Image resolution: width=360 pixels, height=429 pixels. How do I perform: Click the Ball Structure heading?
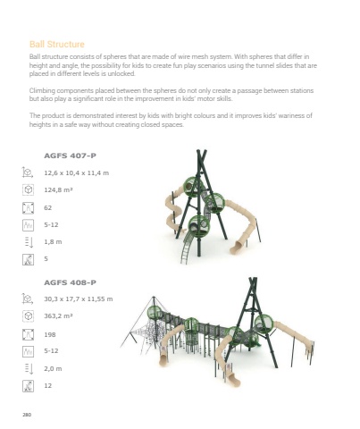pos(57,44)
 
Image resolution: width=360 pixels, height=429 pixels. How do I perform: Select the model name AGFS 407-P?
pos(70,156)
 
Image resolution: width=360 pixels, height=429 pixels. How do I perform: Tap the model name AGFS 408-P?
pos(70,282)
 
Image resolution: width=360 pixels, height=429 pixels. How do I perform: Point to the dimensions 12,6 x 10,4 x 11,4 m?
pos(77,172)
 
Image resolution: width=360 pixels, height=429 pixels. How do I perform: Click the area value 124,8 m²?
pos(58,189)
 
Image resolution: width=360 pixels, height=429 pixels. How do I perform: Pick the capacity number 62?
pos(48,207)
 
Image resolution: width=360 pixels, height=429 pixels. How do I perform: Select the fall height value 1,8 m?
pos(53,241)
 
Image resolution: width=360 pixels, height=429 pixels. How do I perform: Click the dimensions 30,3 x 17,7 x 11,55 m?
pos(79,299)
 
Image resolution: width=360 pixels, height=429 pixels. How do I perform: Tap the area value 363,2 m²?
pos(58,315)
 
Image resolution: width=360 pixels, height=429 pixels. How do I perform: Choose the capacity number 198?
pos(50,334)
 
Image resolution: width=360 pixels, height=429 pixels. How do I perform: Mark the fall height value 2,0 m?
pos(53,368)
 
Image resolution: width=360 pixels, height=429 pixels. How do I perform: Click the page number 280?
pos(27,415)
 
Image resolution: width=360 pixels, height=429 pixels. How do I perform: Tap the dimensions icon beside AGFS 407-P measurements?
pos(28,172)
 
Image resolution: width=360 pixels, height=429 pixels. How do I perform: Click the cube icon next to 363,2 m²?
pos(28,315)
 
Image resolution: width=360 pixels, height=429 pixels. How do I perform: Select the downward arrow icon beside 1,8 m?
pos(29,242)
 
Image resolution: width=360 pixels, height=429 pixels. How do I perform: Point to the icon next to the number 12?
pos(28,386)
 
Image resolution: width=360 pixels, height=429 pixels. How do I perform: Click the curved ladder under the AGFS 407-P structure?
pos(188,248)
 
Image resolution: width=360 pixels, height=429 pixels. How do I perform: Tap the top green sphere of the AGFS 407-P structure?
pos(192,187)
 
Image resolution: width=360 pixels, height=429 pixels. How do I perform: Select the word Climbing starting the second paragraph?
pos(42,90)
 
